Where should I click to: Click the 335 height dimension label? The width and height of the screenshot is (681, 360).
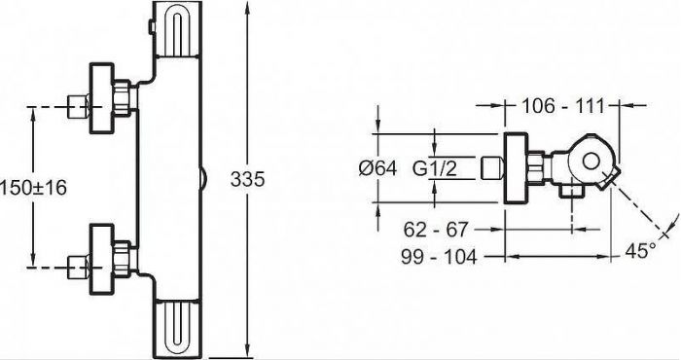point(247,179)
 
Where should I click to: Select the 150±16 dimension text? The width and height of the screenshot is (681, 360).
point(33,188)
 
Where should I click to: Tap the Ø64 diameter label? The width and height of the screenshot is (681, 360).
point(377,168)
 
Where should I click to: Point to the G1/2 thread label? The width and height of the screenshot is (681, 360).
point(434,168)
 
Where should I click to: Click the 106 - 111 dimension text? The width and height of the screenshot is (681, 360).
point(563,105)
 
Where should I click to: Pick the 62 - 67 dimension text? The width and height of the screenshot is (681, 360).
point(436,229)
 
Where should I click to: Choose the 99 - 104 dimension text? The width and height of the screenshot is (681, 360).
point(439,257)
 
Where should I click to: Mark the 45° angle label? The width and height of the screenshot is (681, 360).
point(640,251)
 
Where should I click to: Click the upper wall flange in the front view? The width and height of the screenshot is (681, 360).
point(101,98)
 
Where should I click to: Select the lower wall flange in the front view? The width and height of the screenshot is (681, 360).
point(101,259)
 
